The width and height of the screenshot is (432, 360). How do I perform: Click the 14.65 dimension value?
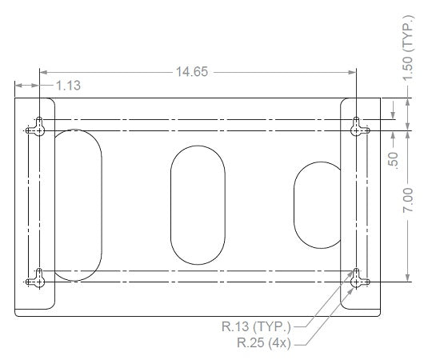(192, 72)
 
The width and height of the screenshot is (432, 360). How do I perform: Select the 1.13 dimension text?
(68, 86)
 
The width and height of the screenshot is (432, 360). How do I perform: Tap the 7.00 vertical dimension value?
(408, 200)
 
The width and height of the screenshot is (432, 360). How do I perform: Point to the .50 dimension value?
(393, 159)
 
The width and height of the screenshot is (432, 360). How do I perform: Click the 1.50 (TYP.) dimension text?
(408, 49)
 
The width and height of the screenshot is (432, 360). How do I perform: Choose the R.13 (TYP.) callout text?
(256, 326)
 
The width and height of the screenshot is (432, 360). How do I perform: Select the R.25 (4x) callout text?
(264, 343)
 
